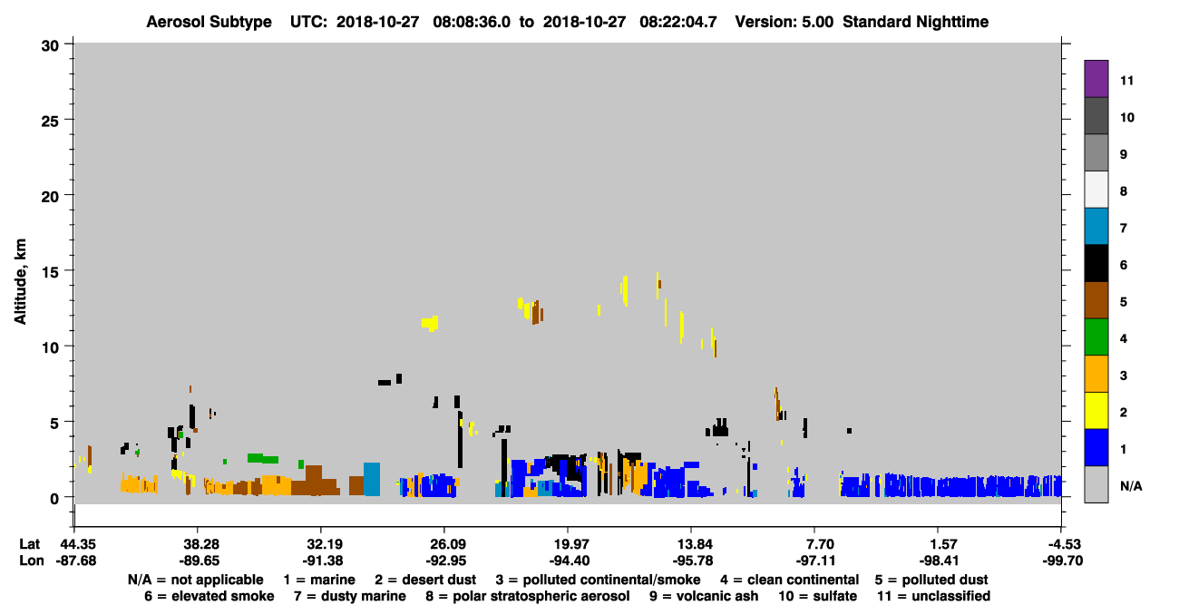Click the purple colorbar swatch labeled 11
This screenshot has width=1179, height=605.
1096,78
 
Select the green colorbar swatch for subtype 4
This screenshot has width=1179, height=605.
1096,337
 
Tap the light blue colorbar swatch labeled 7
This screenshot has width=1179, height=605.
1096,226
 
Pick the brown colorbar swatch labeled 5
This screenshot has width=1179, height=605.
1096,300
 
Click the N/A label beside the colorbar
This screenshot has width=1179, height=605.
1131,486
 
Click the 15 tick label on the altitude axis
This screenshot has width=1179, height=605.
50,272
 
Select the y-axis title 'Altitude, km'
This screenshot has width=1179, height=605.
20,282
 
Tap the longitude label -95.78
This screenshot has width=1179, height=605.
693,561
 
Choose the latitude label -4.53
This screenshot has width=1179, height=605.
1062,544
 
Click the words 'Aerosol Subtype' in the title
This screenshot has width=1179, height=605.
209,22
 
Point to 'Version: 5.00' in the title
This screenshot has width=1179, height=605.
784,22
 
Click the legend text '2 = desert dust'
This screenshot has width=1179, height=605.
425,580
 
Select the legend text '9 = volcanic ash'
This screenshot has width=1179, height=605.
704,596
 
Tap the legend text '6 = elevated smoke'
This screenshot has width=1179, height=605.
209,596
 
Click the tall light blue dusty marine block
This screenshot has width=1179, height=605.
372,479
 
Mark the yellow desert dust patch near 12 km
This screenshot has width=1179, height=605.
430,323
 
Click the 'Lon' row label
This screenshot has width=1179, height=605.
32,561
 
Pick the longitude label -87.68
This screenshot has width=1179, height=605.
76,561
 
